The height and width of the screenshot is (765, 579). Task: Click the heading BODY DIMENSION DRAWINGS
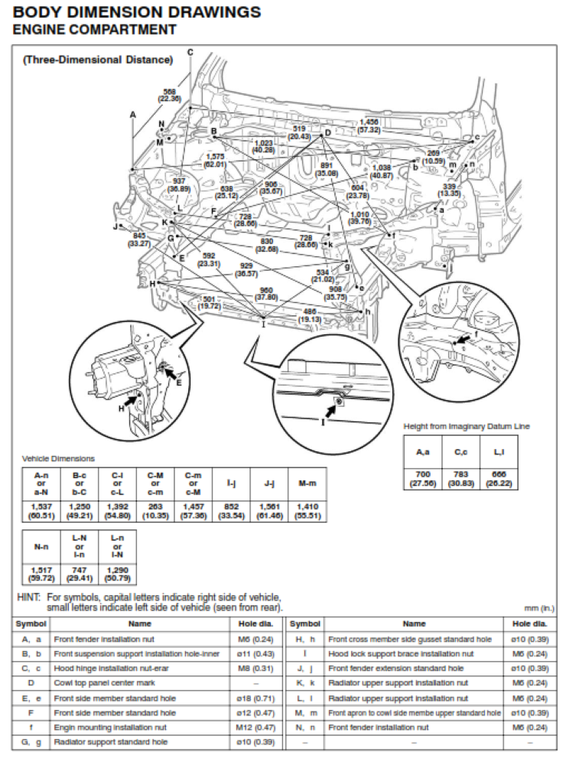(137, 12)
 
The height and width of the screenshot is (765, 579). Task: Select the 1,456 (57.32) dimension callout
(369, 126)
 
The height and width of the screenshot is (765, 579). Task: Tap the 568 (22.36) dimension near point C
(169, 94)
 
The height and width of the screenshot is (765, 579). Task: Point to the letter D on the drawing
(327, 132)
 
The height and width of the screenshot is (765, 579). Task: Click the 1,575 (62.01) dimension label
(215, 160)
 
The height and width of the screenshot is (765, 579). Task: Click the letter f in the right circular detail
(476, 333)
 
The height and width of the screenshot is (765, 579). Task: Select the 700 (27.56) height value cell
(422, 480)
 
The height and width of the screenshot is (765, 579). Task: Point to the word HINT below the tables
(30, 597)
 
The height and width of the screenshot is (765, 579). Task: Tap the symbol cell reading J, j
(304, 669)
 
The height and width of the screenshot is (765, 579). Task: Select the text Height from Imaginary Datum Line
(466, 426)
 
